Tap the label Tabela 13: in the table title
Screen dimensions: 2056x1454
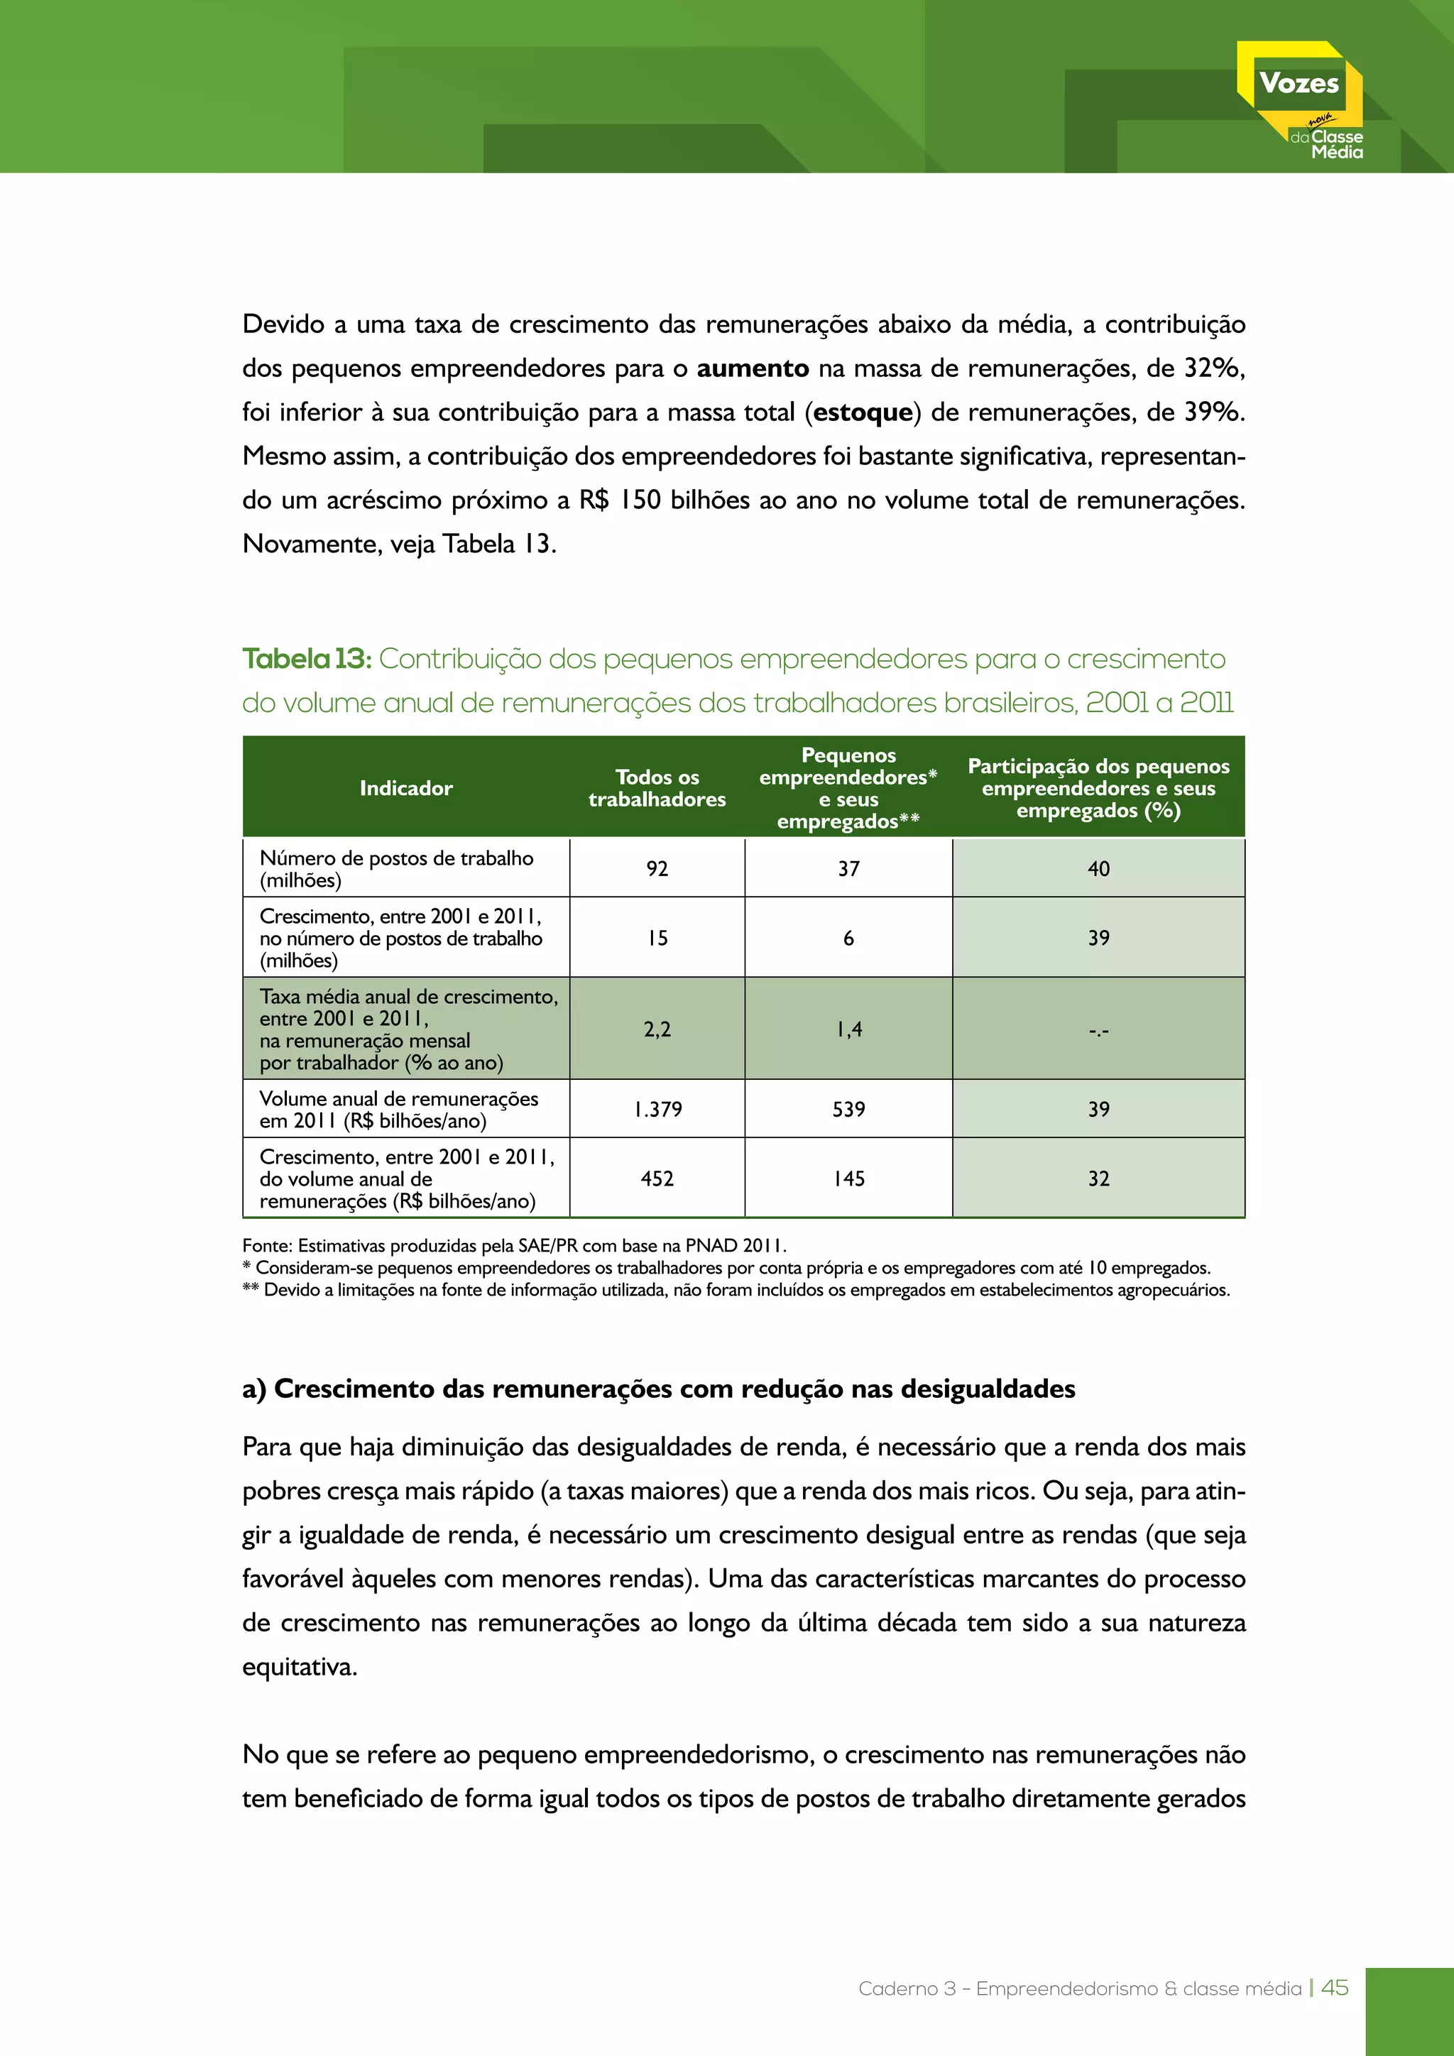click(306, 659)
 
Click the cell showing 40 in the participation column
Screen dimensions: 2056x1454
click(1098, 868)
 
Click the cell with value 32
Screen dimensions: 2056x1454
click(1098, 1179)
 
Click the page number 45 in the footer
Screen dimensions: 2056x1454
click(1334, 1988)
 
